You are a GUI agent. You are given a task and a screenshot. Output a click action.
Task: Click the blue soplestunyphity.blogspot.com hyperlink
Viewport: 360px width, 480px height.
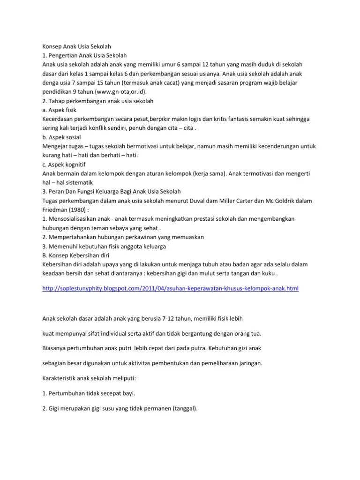pyautogui.click(x=170, y=288)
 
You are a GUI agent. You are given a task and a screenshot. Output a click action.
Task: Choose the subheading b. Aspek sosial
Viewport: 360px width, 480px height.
pyautogui.click(x=61, y=137)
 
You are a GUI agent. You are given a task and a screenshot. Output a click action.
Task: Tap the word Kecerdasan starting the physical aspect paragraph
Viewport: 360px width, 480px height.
pyautogui.click(x=58, y=119)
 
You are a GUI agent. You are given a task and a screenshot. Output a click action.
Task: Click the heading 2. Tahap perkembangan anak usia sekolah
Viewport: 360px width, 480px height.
pyautogui.click(x=98, y=101)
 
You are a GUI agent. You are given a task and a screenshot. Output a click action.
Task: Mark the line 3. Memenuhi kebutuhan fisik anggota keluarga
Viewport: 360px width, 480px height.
pyautogui.click(x=104, y=246)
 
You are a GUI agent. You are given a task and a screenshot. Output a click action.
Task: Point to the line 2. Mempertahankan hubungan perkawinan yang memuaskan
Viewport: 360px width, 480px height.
pyautogui.click(x=123, y=237)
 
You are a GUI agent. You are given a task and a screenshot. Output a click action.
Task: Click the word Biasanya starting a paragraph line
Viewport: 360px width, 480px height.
pyautogui.click(x=56, y=348)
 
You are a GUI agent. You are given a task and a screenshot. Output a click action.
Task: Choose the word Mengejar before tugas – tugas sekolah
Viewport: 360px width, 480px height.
pyautogui.click(x=56, y=147)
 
